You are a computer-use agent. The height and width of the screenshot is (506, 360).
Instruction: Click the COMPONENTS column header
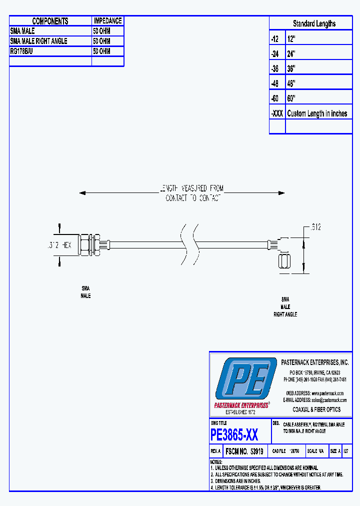[50, 21]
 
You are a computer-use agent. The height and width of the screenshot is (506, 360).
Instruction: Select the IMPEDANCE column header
[107, 21]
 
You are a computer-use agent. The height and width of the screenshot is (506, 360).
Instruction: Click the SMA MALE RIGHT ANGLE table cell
[38, 41]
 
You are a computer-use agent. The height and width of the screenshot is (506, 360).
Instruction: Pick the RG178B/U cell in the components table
[23, 51]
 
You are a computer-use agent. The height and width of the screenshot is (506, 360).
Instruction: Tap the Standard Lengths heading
[314, 23]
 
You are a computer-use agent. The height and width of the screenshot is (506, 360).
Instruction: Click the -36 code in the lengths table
[275, 68]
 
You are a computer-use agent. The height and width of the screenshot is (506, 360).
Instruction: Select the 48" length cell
[291, 83]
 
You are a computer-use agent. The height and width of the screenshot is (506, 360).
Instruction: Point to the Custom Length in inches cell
[317, 113]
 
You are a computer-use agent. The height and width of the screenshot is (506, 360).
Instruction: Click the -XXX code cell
[277, 113]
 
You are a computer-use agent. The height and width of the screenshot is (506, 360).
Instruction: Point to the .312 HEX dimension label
[56, 245]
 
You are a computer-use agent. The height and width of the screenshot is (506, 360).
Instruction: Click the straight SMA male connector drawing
[92, 245]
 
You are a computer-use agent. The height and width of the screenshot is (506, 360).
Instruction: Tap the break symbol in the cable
[188, 245]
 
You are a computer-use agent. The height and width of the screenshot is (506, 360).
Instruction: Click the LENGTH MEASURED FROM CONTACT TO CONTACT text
[191, 193]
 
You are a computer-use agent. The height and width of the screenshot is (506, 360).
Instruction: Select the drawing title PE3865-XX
[234, 435]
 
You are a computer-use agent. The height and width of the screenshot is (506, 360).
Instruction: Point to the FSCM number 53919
[256, 451]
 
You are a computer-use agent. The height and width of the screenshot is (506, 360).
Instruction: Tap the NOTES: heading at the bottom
[215, 462]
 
